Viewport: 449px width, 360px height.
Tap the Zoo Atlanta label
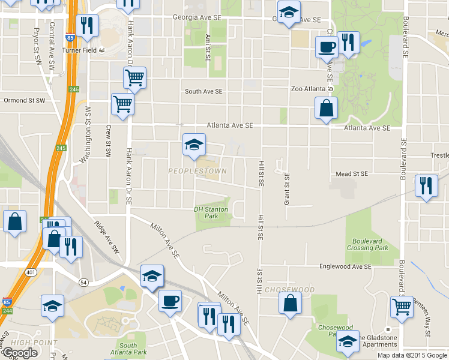(309, 89)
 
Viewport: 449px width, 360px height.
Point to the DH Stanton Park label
(211, 212)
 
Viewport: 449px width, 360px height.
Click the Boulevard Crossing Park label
(367, 244)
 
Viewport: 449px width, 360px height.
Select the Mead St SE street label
(351, 174)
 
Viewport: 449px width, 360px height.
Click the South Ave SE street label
(203, 92)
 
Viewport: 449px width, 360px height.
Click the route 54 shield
(83, 282)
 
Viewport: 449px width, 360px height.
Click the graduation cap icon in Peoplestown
(194, 145)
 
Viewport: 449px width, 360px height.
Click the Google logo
(20, 353)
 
